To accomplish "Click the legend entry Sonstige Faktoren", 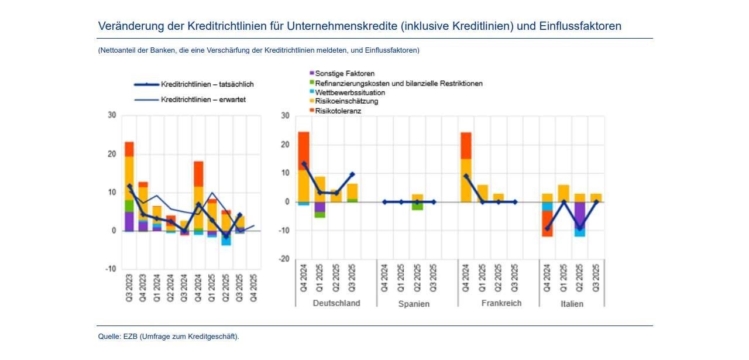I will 345,74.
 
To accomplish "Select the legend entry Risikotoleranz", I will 338,111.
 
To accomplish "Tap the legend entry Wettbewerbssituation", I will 350,92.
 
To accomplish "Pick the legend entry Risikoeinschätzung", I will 346,101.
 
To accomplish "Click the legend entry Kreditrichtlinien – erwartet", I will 203,100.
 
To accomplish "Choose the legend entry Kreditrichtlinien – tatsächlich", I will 207,84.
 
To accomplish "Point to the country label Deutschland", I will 336,303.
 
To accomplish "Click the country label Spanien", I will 414,304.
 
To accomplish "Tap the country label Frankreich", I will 501,303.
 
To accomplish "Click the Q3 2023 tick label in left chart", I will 129,289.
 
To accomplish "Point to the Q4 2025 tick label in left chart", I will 253,289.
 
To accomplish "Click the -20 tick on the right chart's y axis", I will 284,259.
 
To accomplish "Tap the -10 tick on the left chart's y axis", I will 111,269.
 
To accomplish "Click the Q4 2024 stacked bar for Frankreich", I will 466,167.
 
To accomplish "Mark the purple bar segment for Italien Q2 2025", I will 579,216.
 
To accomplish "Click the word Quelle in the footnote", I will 109,337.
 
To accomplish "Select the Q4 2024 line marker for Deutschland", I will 304,164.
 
